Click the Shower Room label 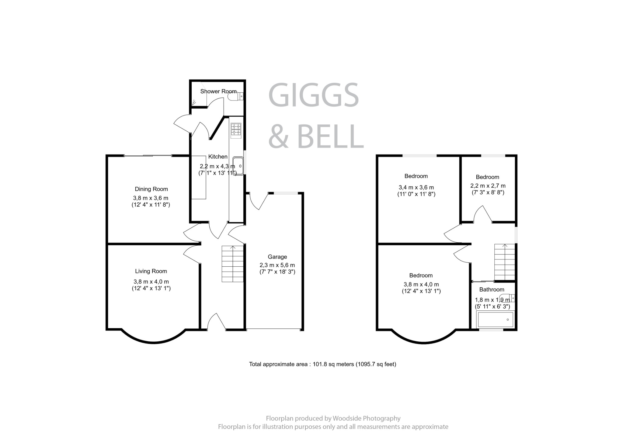218,91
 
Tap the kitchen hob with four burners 236,129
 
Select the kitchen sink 238,166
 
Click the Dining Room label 151,189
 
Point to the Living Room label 151,271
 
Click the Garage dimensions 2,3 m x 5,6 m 277,265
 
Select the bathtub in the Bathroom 495,320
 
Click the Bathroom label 492,289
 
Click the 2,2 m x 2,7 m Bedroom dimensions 488,186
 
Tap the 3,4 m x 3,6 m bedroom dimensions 416,187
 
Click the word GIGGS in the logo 313,95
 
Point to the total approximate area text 322,364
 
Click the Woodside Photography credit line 333,418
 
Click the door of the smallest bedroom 483,214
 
